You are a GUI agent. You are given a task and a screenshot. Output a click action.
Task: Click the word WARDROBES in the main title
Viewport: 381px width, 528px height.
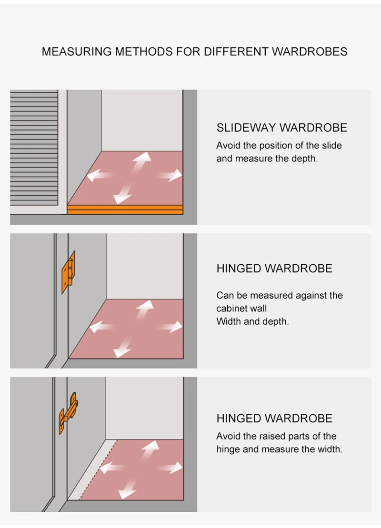coord(309,52)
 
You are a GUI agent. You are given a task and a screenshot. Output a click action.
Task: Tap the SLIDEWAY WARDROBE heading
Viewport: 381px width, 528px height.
coord(281,128)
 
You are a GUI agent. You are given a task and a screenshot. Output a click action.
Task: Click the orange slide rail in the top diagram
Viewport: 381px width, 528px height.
coord(125,209)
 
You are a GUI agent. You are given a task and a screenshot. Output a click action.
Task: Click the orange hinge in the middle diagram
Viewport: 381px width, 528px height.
coord(68,272)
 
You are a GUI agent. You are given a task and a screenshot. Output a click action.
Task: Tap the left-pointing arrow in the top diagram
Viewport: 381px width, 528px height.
coord(100,176)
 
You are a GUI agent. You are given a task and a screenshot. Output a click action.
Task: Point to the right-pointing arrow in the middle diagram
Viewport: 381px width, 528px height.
coord(170,327)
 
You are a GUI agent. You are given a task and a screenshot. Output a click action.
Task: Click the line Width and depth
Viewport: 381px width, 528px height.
coord(252,321)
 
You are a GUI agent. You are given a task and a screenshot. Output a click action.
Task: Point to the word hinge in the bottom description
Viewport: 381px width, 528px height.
coord(229,449)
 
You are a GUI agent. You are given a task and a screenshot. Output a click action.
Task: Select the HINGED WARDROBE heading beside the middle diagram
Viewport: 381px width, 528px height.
coord(274,269)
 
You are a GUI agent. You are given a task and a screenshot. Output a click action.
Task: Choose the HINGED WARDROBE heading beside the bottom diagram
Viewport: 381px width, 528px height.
coord(274,418)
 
